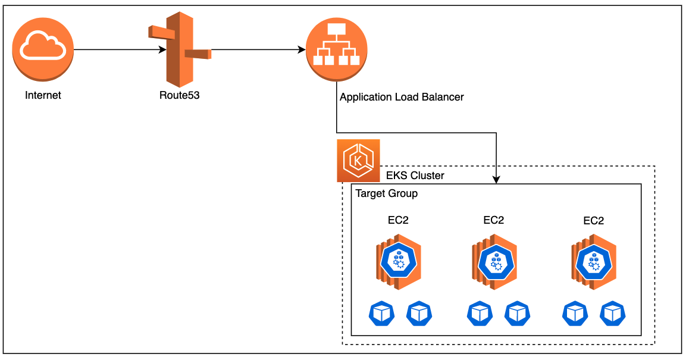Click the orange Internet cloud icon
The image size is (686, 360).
(x=43, y=50)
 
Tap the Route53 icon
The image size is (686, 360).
(x=178, y=50)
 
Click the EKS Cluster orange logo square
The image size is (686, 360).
(x=358, y=161)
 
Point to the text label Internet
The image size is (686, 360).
(x=43, y=95)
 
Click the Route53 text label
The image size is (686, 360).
(x=179, y=95)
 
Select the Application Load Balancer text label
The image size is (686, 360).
(x=401, y=97)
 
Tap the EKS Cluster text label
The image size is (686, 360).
(x=415, y=176)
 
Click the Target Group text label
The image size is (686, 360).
(x=386, y=194)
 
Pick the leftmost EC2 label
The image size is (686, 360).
(x=398, y=220)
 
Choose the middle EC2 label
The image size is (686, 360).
(x=494, y=220)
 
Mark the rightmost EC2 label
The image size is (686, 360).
(x=593, y=220)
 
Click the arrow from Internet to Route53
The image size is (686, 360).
(x=119, y=50)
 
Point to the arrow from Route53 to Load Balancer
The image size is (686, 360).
(x=256, y=50)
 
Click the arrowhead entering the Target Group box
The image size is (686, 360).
(x=496, y=180)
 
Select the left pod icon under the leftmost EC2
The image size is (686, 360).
(x=381, y=314)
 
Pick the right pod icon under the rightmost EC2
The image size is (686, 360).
(x=613, y=314)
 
